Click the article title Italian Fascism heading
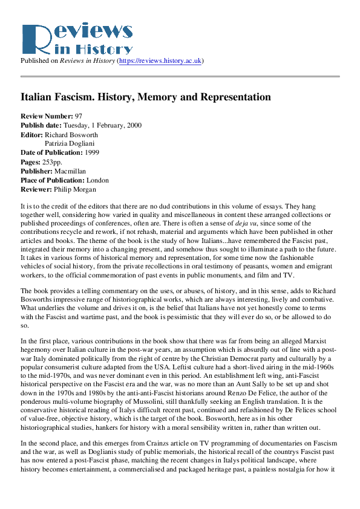[146, 97]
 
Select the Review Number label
[47, 116]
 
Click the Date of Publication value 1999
[97, 153]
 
